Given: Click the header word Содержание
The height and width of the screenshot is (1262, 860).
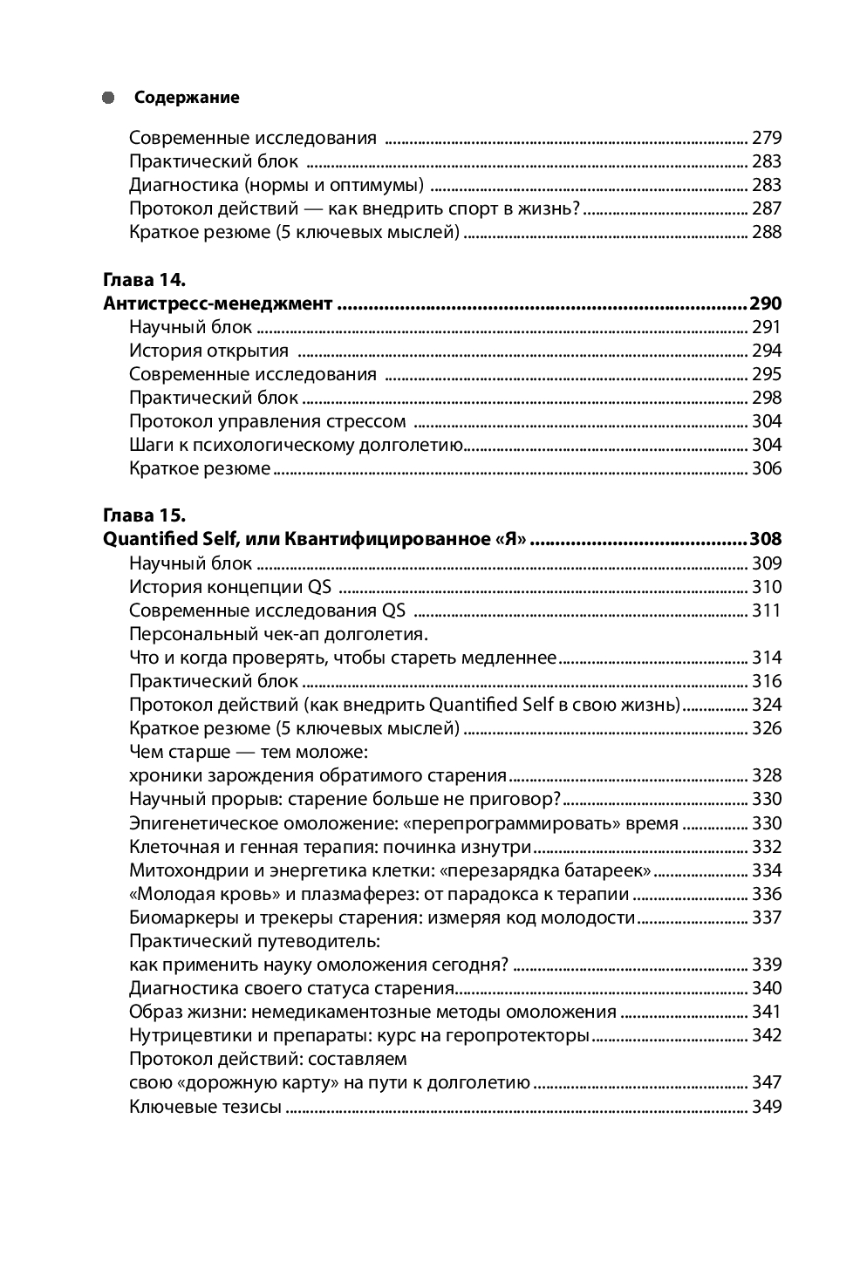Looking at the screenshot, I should [187, 98].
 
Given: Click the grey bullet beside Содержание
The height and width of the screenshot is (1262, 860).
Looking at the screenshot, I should [108, 98].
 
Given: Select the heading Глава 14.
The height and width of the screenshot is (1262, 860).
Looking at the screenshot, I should [144, 280].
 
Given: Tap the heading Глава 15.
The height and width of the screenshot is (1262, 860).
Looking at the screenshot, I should [144, 515].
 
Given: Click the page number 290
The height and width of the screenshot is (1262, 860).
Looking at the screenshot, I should [765, 304].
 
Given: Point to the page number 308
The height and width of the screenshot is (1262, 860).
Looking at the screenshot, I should [765, 539].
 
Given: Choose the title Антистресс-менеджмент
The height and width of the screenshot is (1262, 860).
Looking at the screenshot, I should [217, 304].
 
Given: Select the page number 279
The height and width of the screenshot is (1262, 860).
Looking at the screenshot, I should [767, 138].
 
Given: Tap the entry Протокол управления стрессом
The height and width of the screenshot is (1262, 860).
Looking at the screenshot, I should [267, 421].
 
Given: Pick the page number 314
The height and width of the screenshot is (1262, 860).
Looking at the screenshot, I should [767, 658].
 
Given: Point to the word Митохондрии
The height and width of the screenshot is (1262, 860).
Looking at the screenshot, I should [181, 870].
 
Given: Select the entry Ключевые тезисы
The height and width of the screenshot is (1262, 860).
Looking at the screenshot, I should [205, 1107].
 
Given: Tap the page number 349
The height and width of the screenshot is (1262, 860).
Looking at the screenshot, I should [767, 1107].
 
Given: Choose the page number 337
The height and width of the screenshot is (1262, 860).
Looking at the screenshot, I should [767, 917].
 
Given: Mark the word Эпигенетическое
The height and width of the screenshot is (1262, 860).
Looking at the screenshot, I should [200, 822].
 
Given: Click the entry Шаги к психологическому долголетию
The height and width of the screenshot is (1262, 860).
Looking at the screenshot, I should [295, 445].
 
